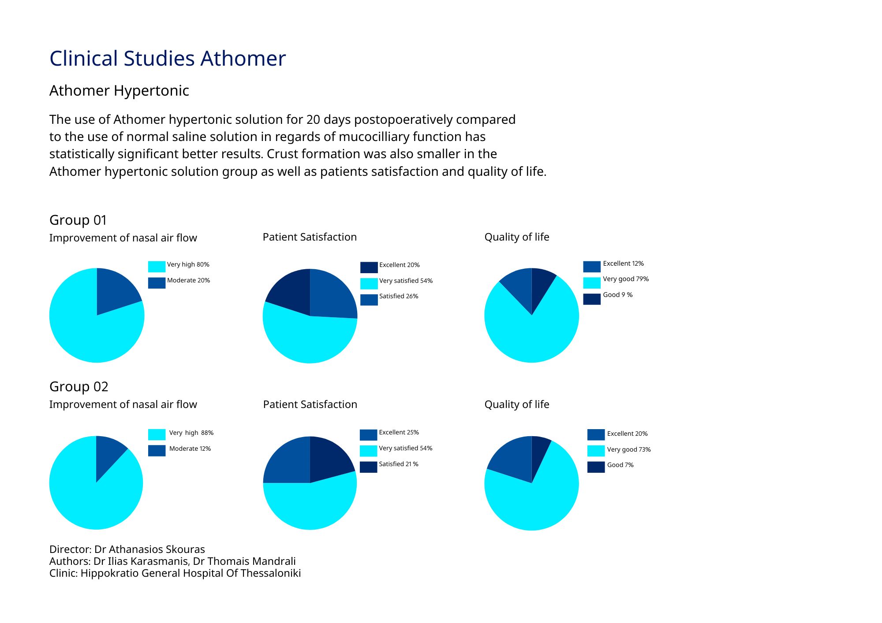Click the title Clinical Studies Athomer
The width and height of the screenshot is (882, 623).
[168, 59]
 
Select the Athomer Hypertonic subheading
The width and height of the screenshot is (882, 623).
[119, 91]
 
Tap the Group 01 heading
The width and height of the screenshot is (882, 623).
[78, 220]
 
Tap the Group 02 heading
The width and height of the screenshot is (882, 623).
[79, 386]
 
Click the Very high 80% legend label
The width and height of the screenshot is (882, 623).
[188, 264]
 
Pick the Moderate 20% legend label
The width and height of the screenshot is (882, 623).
[189, 280]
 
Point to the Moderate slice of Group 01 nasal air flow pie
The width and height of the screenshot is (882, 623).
[116, 291]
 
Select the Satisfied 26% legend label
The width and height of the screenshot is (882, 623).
[399, 296]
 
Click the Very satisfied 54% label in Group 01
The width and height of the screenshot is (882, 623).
[406, 281]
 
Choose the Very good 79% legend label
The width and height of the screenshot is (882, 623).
[626, 279]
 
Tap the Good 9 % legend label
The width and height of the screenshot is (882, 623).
[618, 295]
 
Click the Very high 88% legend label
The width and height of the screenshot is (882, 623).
[191, 433]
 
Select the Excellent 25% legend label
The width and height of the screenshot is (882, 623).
[399, 432]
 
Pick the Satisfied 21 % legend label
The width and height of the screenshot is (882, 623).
[399, 464]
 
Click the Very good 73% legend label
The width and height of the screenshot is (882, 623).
[629, 449]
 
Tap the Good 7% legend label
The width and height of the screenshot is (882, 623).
[620, 465]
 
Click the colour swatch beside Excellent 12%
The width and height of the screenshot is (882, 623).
[592, 267]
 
